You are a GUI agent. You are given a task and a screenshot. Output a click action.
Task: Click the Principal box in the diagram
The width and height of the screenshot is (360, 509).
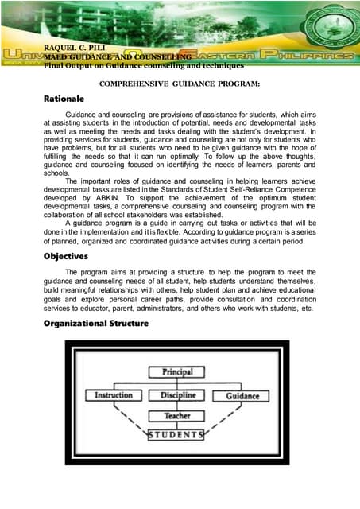pyautogui.click(x=177, y=372)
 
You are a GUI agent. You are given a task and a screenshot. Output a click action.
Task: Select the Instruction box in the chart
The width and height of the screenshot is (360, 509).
pyautogui.click(x=114, y=395)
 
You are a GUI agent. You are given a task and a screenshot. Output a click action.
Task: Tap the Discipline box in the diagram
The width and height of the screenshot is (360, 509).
pyautogui.click(x=177, y=395)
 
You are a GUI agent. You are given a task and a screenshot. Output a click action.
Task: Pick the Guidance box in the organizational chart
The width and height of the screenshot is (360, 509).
pyautogui.click(x=242, y=395)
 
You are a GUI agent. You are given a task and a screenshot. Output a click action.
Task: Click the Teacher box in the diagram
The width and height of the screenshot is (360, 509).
pyautogui.click(x=177, y=415)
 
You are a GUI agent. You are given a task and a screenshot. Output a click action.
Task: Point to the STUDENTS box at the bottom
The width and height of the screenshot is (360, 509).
pyautogui.click(x=177, y=435)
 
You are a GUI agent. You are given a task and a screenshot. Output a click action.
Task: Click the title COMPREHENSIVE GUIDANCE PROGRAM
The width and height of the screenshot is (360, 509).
pyautogui.click(x=180, y=84)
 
